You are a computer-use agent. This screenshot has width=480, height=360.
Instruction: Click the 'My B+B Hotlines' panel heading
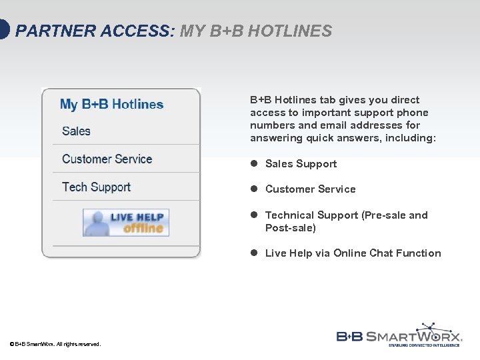(x=111, y=105)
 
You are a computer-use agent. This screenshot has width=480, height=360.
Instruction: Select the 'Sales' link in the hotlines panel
(x=76, y=131)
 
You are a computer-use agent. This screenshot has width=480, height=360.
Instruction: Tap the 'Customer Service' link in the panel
(x=107, y=159)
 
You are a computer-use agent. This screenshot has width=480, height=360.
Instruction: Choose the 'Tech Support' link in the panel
(x=96, y=187)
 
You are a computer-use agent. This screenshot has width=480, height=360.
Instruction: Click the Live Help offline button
(x=126, y=223)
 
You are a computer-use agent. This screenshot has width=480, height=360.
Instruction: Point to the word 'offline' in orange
(x=143, y=228)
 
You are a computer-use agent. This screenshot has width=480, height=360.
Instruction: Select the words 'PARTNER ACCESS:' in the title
(x=94, y=31)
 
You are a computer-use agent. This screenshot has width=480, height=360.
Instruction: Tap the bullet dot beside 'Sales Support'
(x=254, y=164)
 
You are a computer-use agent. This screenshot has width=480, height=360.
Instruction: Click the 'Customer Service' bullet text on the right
(x=310, y=189)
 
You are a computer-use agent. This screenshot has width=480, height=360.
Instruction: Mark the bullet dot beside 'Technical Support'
(x=254, y=215)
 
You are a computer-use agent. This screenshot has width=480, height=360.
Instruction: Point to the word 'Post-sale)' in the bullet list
(x=290, y=228)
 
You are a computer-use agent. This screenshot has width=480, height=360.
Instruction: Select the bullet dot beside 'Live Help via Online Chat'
(x=254, y=253)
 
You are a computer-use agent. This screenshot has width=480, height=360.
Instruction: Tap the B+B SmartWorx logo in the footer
(x=399, y=335)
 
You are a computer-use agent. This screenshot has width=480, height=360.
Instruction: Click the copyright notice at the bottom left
(x=55, y=344)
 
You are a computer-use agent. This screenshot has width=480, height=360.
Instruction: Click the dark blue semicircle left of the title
(x=4, y=31)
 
